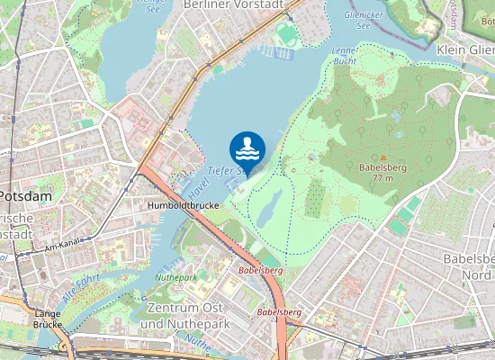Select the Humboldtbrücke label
[183, 205]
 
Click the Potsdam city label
[25, 195]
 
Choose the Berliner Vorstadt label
[232, 4]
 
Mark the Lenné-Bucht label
[344, 56]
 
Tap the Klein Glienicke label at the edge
[465, 50]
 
